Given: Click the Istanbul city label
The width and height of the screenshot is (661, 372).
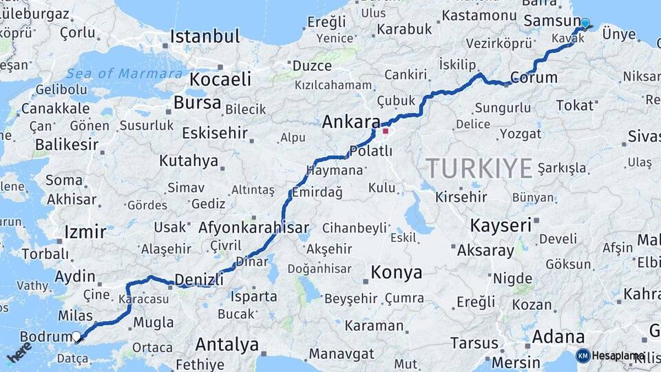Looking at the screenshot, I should (x=204, y=36).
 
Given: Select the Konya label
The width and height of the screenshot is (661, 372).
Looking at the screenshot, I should (x=396, y=272).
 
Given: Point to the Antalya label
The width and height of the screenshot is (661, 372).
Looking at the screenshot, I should (x=227, y=344).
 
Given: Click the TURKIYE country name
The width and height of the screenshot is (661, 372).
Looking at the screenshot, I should (x=479, y=167).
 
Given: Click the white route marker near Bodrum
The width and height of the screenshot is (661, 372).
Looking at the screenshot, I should (x=76, y=337).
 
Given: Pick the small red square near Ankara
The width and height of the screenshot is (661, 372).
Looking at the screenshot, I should (x=386, y=131).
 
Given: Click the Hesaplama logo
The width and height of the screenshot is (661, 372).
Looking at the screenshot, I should (x=611, y=355).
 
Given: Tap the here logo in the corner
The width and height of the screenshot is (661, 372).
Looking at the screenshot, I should (x=19, y=351).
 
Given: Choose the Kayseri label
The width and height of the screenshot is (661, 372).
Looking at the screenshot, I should (x=501, y=225).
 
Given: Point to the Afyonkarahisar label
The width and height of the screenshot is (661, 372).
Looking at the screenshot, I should (x=253, y=227).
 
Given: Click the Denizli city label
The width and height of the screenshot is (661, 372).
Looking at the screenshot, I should (x=200, y=279).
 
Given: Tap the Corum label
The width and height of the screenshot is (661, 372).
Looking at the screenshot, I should (x=534, y=76).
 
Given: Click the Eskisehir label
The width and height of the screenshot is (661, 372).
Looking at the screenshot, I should (x=214, y=132).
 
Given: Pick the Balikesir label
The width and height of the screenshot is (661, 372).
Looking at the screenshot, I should (x=66, y=145).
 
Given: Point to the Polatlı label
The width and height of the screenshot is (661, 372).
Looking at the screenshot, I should (x=370, y=151).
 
